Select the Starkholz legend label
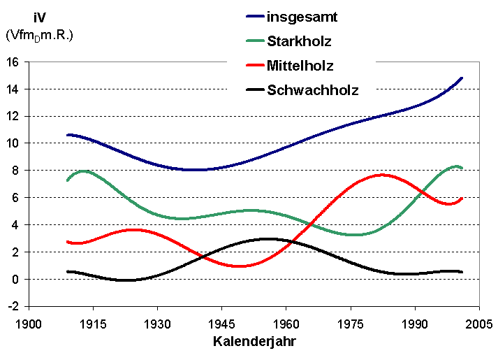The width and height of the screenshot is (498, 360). point(300,41)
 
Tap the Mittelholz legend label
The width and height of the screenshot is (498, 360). point(300,66)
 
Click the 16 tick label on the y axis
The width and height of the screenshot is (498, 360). point(13,62)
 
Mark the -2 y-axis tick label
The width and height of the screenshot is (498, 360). point(13,306)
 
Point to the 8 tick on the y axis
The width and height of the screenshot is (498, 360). point(15,171)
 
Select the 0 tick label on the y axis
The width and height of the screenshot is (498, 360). point(15,279)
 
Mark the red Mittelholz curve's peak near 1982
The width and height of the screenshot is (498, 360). point(381,175)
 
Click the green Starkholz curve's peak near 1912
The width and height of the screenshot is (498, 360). point(84,171)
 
